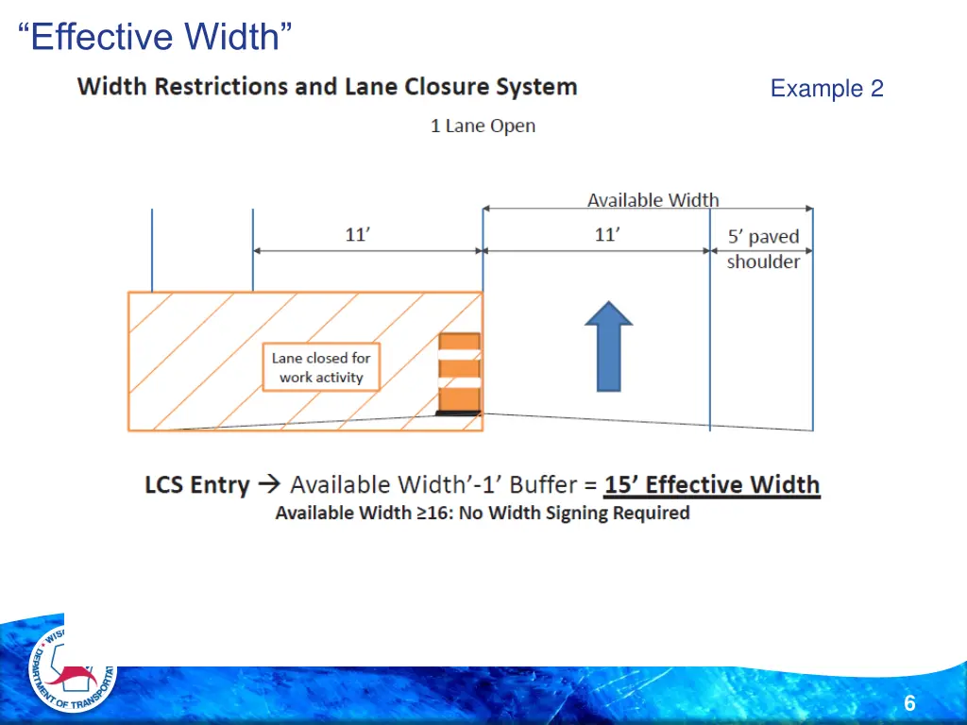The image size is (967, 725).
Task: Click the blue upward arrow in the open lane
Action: pyautogui.click(x=609, y=346)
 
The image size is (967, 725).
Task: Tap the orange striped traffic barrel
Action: pyautogui.click(x=459, y=374)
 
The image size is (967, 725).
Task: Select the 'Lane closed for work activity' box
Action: pyautogui.click(x=321, y=367)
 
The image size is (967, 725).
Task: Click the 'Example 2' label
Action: pyautogui.click(x=826, y=89)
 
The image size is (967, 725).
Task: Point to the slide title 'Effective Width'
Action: pyautogui.click(x=155, y=38)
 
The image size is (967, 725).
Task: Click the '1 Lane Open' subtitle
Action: pyautogui.click(x=483, y=126)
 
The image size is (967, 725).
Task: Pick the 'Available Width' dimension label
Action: pyautogui.click(x=653, y=200)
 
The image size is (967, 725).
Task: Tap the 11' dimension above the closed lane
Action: pyautogui.click(x=357, y=234)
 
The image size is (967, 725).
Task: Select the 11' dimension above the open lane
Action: pyautogui.click(x=607, y=234)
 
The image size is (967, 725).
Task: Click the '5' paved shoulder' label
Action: pyautogui.click(x=763, y=249)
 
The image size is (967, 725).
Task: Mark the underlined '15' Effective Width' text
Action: pyautogui.click(x=712, y=485)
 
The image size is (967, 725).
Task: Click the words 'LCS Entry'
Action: pyautogui.click(x=196, y=486)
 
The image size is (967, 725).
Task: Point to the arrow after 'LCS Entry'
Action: pyautogui.click(x=269, y=485)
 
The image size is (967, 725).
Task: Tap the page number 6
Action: pyautogui.click(x=908, y=703)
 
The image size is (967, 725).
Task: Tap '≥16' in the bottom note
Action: pyautogui.click(x=431, y=514)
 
